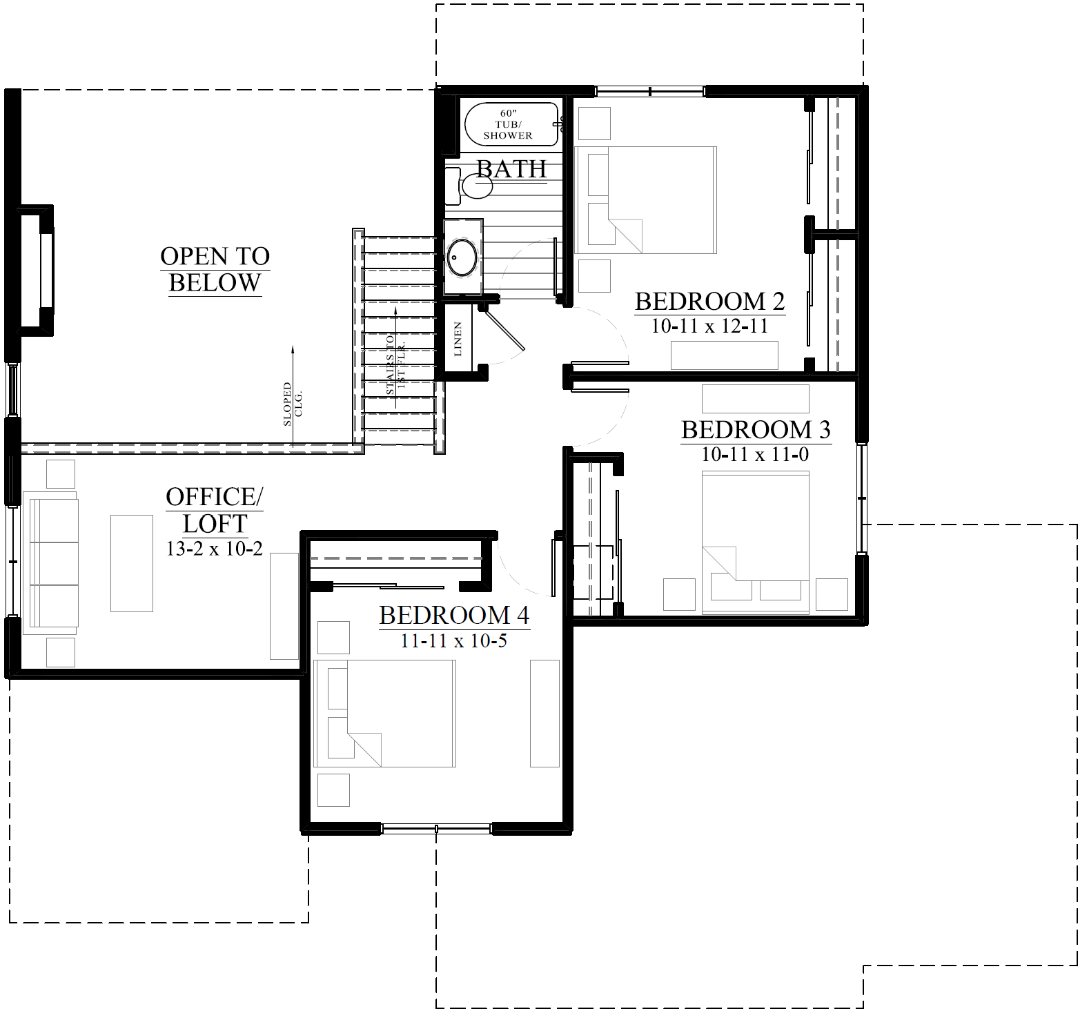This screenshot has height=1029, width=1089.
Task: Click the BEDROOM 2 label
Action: point(709,302)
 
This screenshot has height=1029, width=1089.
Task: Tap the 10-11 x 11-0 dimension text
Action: point(755,455)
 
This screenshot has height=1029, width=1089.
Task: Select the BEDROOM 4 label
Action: point(453,615)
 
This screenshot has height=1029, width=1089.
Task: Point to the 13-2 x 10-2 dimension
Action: point(214,549)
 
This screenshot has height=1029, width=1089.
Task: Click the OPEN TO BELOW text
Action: point(215,269)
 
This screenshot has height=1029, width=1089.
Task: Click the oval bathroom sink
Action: point(462,257)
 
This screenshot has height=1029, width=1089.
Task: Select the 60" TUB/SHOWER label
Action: point(508,124)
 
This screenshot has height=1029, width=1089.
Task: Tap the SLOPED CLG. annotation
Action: point(293,404)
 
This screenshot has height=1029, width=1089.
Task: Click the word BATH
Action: point(511,169)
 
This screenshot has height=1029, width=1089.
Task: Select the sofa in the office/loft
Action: point(51,563)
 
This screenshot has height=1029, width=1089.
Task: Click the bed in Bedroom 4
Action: point(384,713)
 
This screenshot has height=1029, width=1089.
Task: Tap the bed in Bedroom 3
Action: point(755,542)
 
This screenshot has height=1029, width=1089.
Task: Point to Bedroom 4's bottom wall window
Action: point(436,827)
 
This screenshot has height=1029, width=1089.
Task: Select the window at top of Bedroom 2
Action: point(649,90)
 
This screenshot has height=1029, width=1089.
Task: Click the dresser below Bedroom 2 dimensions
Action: point(724,355)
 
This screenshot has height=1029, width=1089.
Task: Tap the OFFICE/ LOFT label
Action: point(215,510)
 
